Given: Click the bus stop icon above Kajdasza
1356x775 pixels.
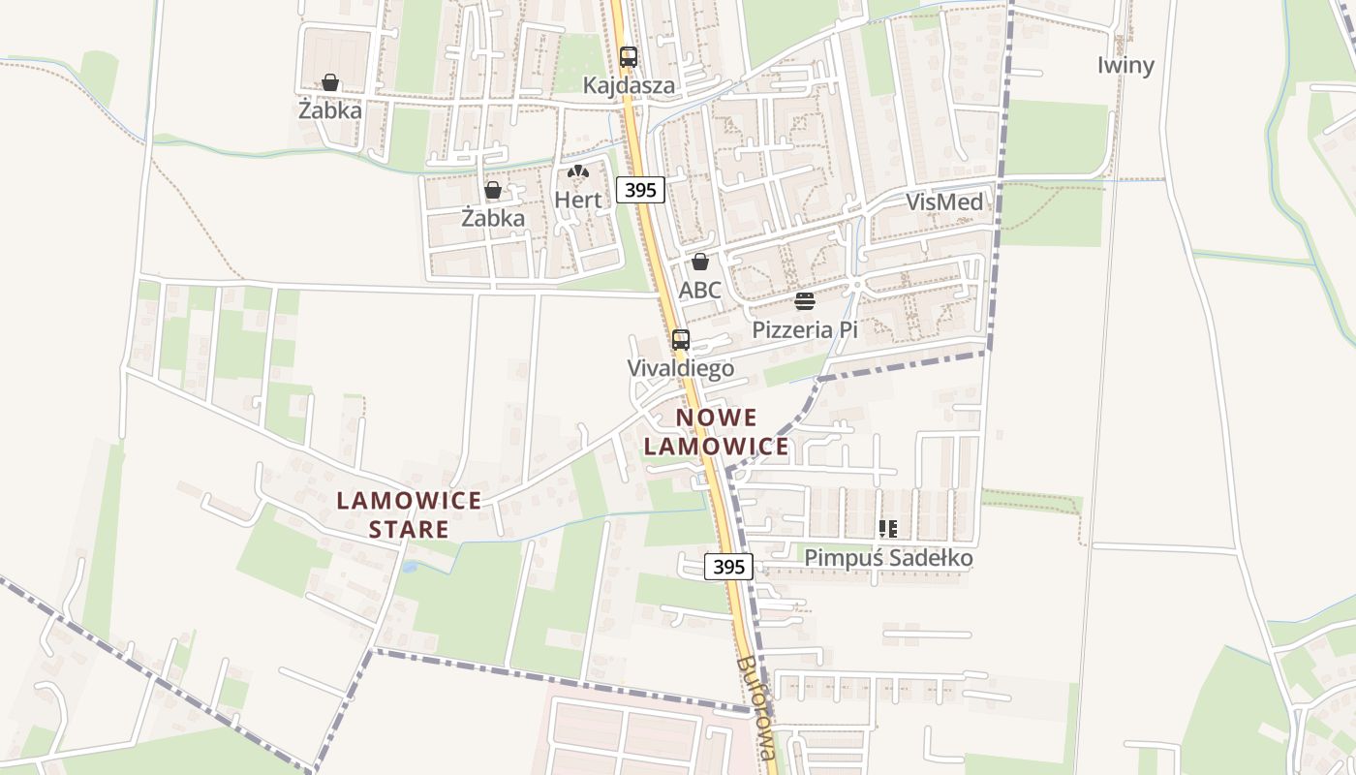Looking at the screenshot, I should [x=629, y=57].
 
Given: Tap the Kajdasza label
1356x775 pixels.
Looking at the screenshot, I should [x=629, y=85].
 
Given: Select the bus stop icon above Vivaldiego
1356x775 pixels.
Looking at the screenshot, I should [x=681, y=340].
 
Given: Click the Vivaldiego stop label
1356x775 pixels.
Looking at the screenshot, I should [x=680, y=368].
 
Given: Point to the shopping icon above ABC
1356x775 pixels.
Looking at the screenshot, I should [x=700, y=262].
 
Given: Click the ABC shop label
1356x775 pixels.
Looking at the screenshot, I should [x=700, y=290].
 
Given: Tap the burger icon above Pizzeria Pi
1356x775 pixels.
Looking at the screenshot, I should [x=805, y=301].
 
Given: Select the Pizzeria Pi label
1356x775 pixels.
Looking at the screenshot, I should [x=805, y=329].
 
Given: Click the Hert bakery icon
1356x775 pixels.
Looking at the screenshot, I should [x=578, y=172].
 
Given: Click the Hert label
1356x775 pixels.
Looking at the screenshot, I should [x=578, y=200].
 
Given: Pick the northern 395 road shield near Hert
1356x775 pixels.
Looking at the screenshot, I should [x=641, y=190].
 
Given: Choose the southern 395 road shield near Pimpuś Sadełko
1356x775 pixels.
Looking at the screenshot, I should [x=728, y=567].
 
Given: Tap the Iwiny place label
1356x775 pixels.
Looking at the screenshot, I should [x=1125, y=65].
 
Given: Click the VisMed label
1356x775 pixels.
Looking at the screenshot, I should [x=944, y=201].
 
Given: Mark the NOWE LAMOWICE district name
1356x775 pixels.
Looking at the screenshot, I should [x=717, y=432].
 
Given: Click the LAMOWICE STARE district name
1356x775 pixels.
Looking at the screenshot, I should [x=409, y=514].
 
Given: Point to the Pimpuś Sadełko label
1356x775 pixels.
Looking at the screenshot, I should [x=888, y=558].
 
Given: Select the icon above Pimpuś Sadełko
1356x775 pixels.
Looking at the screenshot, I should [x=888, y=529].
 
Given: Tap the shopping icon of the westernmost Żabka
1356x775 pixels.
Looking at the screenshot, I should [x=330, y=82].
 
